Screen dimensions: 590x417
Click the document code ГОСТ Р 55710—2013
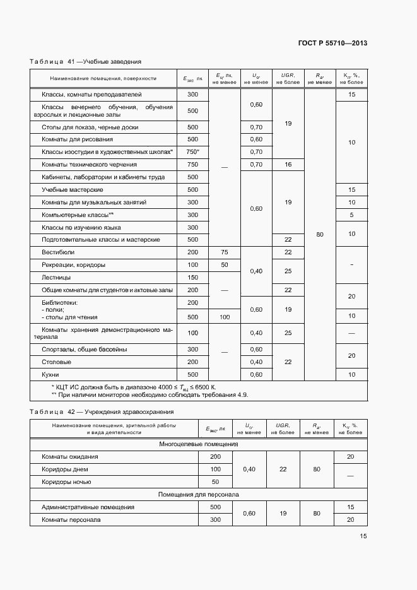tap(332, 44)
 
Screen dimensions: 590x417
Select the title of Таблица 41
tap(85, 62)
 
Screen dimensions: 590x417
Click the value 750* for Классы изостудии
tap(192, 152)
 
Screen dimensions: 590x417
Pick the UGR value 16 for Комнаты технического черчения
tap(288, 165)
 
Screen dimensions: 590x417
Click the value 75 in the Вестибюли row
tap(224, 252)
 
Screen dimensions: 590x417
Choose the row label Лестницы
tap(56, 278)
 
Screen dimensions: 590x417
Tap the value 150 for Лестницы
tap(192, 278)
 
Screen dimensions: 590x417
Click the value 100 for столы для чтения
tap(224, 317)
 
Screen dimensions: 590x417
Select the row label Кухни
tap(50, 375)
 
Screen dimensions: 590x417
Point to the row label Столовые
tap(56, 362)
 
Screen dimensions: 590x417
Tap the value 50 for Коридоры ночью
tap(215, 482)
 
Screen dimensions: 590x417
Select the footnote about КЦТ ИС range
tap(133, 386)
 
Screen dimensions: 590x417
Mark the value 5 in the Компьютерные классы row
tap(351, 215)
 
